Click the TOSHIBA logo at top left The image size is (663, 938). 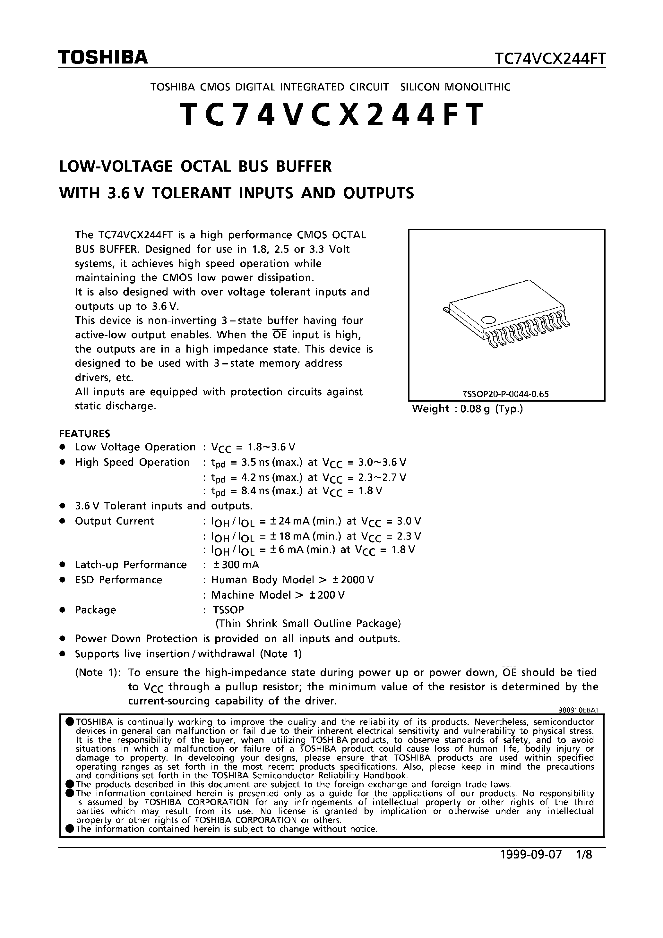tap(103, 58)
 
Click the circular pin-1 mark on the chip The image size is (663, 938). tap(488, 320)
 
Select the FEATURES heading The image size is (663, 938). tap(85, 433)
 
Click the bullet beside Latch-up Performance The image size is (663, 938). tap(63, 565)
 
